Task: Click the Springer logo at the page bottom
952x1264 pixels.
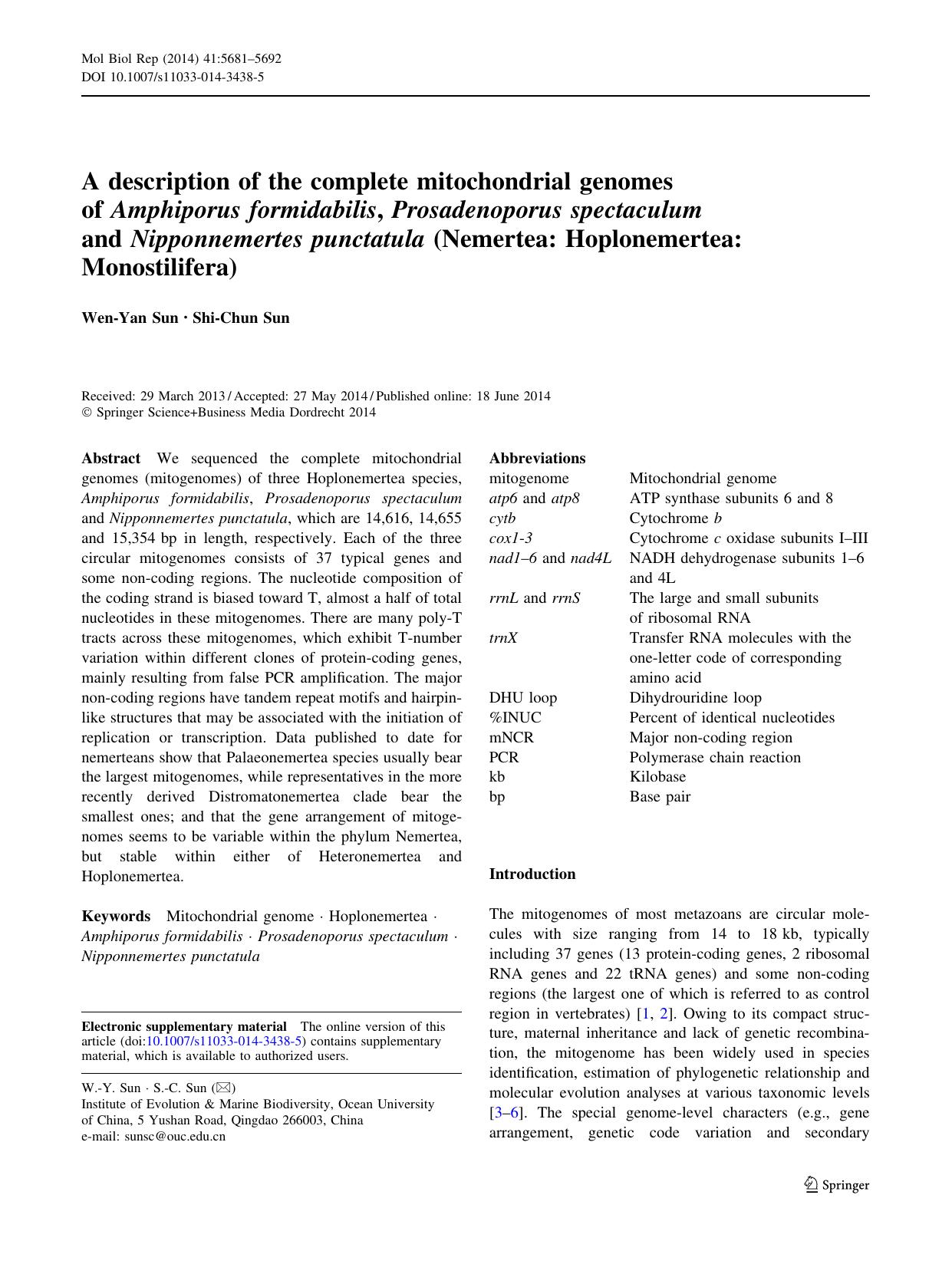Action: [x=837, y=1185]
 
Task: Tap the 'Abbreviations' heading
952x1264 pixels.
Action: [x=537, y=459]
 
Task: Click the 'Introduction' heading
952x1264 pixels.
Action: [x=532, y=874]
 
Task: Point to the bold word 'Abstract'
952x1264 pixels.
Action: [x=110, y=459]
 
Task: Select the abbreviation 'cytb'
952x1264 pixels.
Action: [x=502, y=518]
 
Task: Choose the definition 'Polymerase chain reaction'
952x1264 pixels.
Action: [x=715, y=758]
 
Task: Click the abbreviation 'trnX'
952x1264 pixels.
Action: [x=503, y=638]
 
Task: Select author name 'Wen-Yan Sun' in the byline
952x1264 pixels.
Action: [x=130, y=318]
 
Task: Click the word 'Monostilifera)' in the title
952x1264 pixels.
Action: [x=160, y=268]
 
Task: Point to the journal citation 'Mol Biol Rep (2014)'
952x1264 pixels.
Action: [x=138, y=58]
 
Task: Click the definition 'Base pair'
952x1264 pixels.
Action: [x=660, y=797]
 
